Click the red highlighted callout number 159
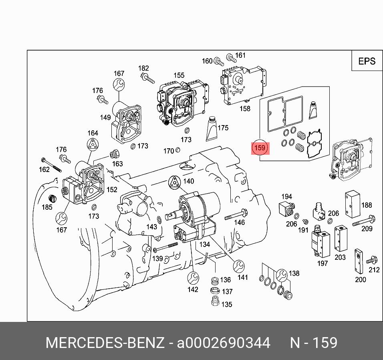[x=260, y=148]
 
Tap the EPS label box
[x=367, y=61]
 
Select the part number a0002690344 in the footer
[x=224, y=343]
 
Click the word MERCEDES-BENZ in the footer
[x=105, y=343]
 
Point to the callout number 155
[x=179, y=75]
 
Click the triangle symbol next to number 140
[x=175, y=182]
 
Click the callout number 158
[x=245, y=108]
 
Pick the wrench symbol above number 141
[x=239, y=265]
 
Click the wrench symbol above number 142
[x=192, y=277]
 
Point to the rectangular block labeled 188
[x=353, y=204]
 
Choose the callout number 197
[x=323, y=263]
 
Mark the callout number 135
[x=226, y=304]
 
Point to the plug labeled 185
[x=51, y=198]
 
